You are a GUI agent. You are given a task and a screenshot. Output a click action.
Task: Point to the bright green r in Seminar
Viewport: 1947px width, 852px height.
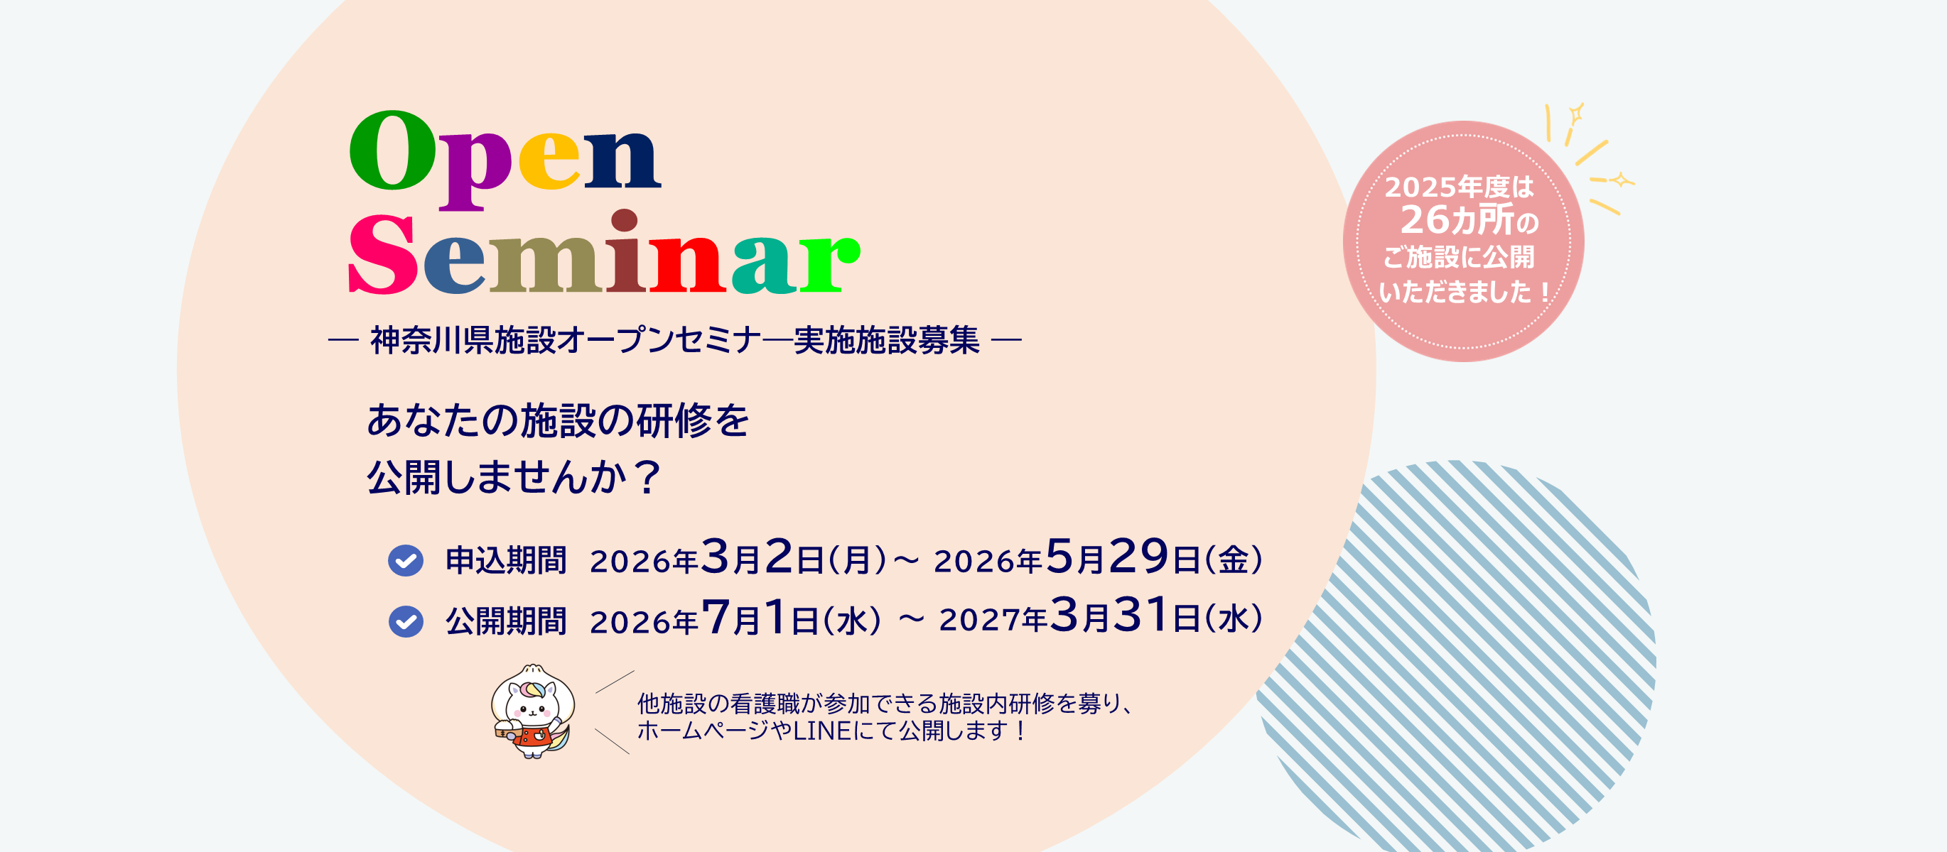click(829, 263)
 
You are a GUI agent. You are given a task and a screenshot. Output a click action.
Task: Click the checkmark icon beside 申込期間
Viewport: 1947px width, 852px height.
click(406, 560)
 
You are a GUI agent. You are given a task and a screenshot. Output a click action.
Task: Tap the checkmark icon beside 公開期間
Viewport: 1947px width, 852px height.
click(406, 622)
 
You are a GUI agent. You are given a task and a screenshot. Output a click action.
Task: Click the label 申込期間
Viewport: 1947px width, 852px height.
click(506, 560)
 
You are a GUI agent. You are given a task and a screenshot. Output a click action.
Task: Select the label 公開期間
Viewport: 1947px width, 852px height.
click(506, 622)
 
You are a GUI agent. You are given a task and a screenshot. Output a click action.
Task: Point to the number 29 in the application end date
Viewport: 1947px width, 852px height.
click(1139, 556)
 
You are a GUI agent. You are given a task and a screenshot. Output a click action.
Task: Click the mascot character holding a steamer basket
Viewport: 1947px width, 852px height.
click(533, 711)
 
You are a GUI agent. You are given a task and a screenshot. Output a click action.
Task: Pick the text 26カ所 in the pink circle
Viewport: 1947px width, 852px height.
click(1457, 220)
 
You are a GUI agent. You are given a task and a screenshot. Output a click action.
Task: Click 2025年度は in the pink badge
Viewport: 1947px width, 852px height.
click(1459, 187)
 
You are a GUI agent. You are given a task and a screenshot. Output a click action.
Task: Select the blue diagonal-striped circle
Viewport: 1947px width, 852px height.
click(1455, 655)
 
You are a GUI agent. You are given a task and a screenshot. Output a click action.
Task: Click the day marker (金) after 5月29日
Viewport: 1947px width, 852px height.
click(1233, 560)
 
